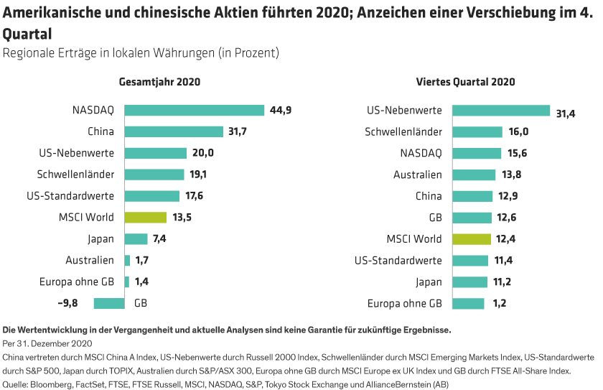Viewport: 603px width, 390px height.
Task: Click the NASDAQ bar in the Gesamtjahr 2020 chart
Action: pyautogui.click(x=195, y=110)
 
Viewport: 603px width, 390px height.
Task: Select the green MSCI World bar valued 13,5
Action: pyautogui.click(x=145, y=218)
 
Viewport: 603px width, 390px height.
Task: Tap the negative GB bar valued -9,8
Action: pyautogui.click(x=109, y=304)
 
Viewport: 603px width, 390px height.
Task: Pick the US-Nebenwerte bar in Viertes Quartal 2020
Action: pyautogui.click(x=501, y=110)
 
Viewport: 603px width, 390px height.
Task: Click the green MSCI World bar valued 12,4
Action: pyautogui.click(x=472, y=239)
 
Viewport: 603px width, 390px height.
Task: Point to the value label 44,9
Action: pyautogui.click(x=280, y=110)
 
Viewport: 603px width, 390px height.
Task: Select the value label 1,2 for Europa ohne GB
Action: pyautogui.click(x=500, y=304)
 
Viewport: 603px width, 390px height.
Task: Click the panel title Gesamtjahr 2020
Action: pyautogui.click(x=159, y=82)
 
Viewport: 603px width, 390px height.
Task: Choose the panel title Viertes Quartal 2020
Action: pyautogui.click(x=465, y=82)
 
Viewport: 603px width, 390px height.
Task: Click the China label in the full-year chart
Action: pyautogui.click(x=100, y=131)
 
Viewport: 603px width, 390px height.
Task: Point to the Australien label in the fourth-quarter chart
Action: pyautogui.click(x=417, y=175)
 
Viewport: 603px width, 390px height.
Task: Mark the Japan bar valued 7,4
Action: pyautogui.click(x=136, y=239)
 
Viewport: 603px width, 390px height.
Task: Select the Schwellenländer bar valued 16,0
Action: pyautogui.click(x=477, y=131)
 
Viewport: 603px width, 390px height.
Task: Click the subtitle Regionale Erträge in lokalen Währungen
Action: pyautogui.click(x=140, y=53)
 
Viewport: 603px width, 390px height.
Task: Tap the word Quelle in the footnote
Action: pyautogui.click(x=15, y=385)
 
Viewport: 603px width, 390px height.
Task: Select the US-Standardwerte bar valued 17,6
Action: pyautogui.click(x=151, y=196)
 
